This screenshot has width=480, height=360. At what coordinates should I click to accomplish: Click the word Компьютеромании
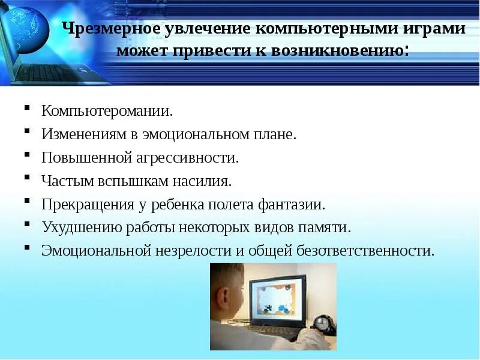pos(107,112)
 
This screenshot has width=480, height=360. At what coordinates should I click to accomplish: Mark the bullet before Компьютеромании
pos(28,109)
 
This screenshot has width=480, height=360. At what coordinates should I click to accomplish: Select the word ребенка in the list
pos(181,204)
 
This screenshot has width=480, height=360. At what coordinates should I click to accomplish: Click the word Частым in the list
pos(64,181)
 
